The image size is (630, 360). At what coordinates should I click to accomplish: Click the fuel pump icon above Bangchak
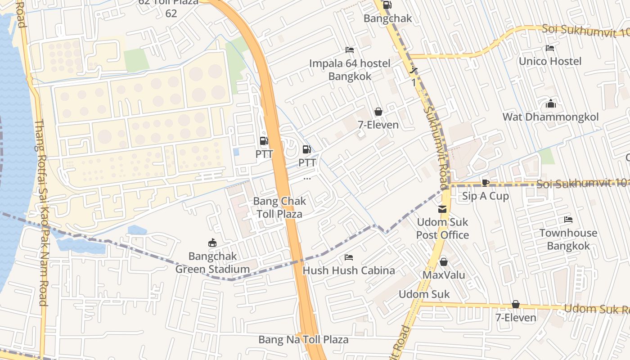[387, 5]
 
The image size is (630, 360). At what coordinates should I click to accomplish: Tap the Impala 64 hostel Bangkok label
[350, 70]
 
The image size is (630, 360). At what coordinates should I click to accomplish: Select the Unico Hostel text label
[550, 61]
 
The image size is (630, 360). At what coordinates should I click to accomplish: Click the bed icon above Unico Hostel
[550, 48]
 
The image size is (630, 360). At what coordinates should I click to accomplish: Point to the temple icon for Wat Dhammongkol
[550, 104]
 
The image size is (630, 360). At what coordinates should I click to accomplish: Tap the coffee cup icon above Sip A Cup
[485, 183]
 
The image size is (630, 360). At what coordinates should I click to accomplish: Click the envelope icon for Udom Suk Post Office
[443, 209]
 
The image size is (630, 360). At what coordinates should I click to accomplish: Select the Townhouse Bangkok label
[568, 239]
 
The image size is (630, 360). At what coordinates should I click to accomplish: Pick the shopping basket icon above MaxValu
[444, 261]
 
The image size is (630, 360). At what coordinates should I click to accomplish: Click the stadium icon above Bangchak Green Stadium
[212, 243]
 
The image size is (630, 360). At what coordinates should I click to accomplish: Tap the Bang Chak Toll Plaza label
[279, 207]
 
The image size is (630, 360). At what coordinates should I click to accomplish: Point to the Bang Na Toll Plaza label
[303, 339]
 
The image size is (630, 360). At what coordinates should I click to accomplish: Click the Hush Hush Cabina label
[349, 270]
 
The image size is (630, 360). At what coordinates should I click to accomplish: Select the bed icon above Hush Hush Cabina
[349, 257]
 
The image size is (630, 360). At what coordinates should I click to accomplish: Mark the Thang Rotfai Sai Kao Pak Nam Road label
[42, 212]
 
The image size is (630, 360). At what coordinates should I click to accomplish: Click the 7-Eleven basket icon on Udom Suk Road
[516, 305]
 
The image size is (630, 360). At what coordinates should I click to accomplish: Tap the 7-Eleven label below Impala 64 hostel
[378, 125]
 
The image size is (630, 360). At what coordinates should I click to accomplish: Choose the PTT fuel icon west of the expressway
[264, 141]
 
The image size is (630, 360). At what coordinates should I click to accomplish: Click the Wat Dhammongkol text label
[550, 117]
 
